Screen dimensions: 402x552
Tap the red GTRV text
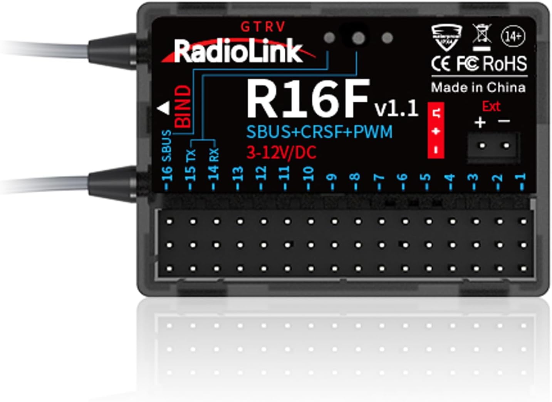[x=263, y=27]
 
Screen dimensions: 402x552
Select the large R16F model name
[x=307, y=99]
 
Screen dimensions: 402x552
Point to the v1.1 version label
[x=396, y=108]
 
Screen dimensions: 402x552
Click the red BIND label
[x=183, y=107]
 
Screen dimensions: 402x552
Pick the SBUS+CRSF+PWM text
[x=319, y=132]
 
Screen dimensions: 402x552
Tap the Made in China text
[x=478, y=88]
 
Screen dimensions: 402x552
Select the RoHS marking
[x=505, y=64]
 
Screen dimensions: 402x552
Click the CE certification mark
[x=441, y=64]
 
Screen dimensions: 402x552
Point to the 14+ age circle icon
[x=513, y=36]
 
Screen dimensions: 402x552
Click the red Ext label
[x=491, y=106]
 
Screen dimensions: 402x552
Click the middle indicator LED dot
[x=358, y=38]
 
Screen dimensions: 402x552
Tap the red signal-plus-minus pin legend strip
[x=436, y=130]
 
